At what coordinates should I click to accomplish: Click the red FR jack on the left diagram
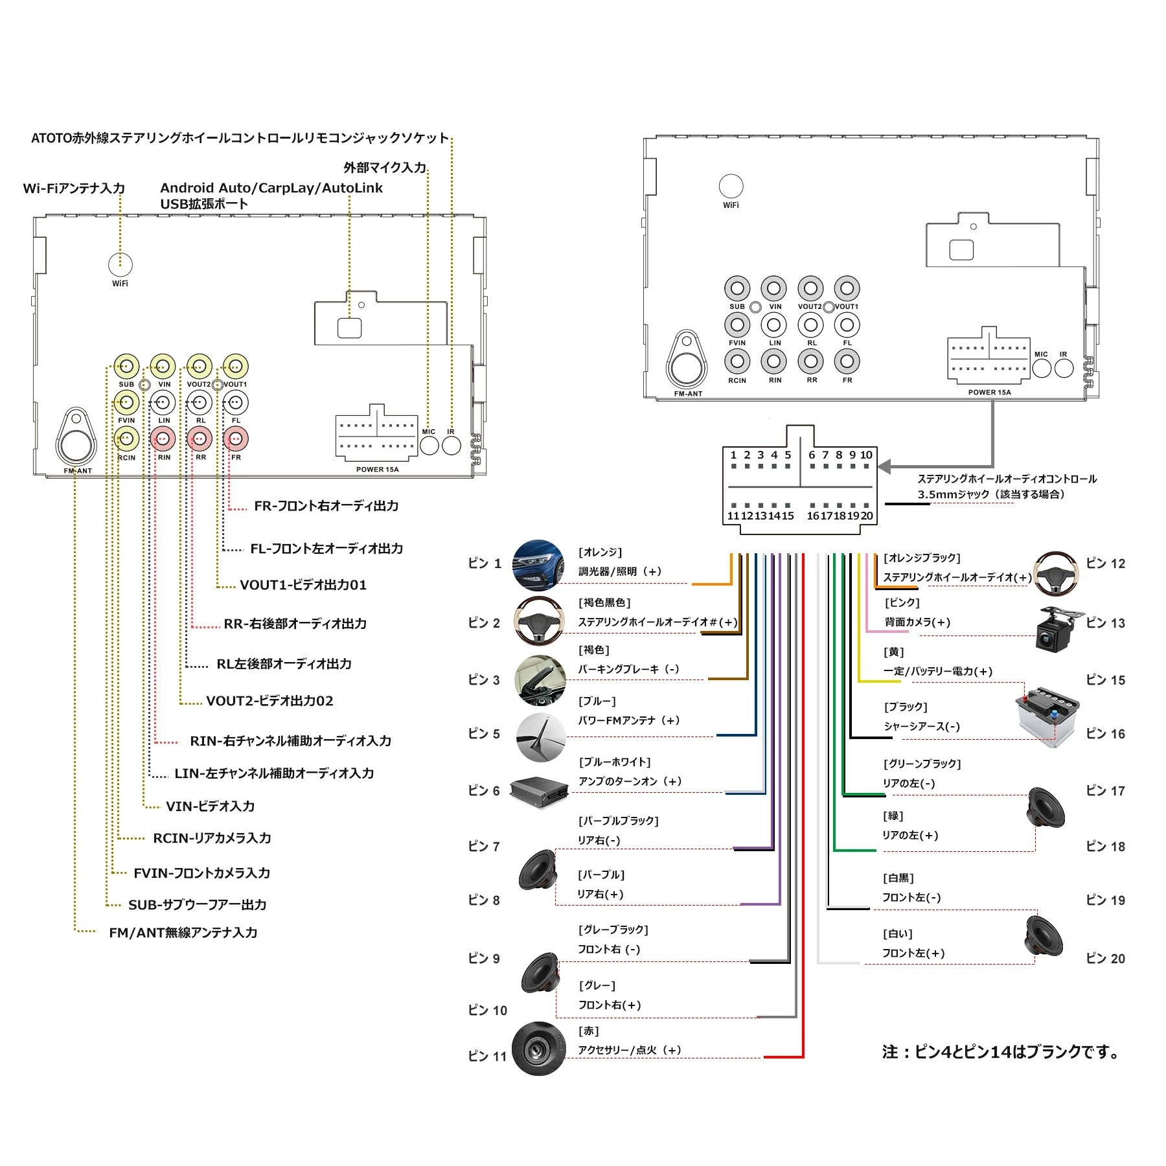(x=235, y=439)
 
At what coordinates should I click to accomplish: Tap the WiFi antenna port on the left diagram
(x=120, y=264)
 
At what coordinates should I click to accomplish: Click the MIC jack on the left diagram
(x=429, y=445)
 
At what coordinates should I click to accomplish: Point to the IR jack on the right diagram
(x=1064, y=368)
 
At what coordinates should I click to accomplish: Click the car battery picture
(x=1045, y=716)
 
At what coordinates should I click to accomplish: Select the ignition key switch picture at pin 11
(x=538, y=1048)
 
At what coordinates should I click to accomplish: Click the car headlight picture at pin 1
(x=539, y=565)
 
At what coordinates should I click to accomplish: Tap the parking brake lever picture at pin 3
(x=540, y=680)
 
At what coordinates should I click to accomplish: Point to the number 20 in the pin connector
(x=867, y=516)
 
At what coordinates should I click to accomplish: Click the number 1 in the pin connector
(x=733, y=455)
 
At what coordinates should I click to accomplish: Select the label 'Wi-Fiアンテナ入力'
(x=74, y=189)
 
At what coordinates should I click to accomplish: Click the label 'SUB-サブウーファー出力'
(x=197, y=904)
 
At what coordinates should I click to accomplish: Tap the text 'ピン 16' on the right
(x=1105, y=734)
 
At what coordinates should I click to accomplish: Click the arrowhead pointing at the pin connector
(x=884, y=466)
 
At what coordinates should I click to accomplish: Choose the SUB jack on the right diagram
(x=737, y=289)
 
